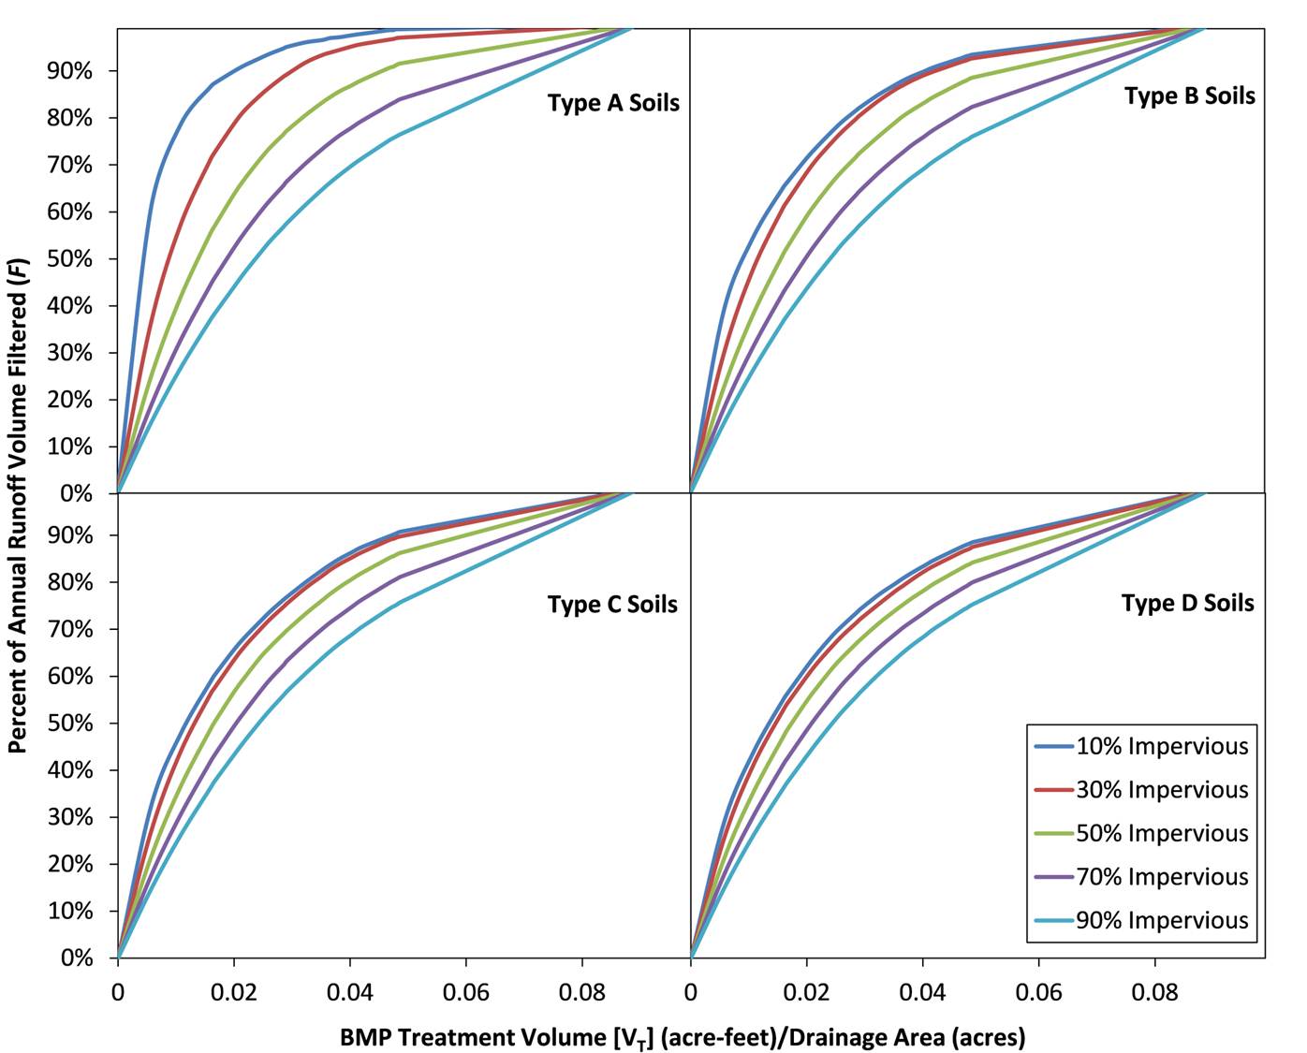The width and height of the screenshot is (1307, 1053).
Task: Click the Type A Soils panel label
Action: click(613, 103)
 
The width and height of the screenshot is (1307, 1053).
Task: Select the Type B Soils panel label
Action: click(1189, 95)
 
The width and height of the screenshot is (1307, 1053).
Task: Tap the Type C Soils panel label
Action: click(612, 605)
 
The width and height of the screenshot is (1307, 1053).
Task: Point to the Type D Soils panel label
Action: click(1187, 603)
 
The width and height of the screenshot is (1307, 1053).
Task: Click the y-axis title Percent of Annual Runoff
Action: click(17, 491)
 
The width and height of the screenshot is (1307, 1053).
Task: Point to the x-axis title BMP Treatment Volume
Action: click(683, 1037)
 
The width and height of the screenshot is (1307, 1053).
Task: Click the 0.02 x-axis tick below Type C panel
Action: click(233, 992)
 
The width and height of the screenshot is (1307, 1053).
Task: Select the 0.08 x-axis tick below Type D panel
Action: click(1154, 992)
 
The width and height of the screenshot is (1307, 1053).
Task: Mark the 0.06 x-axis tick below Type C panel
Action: click(465, 992)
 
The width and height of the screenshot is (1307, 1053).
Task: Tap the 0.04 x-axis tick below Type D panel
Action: click(922, 992)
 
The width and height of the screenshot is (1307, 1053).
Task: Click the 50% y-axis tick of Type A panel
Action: click(69, 259)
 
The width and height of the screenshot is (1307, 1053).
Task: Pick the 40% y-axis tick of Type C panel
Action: click(69, 770)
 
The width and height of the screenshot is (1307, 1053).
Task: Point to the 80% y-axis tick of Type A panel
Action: click(69, 118)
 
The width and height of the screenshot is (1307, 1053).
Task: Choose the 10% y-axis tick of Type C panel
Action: click(69, 911)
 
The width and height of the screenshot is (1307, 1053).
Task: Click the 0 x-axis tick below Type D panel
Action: click(691, 992)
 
